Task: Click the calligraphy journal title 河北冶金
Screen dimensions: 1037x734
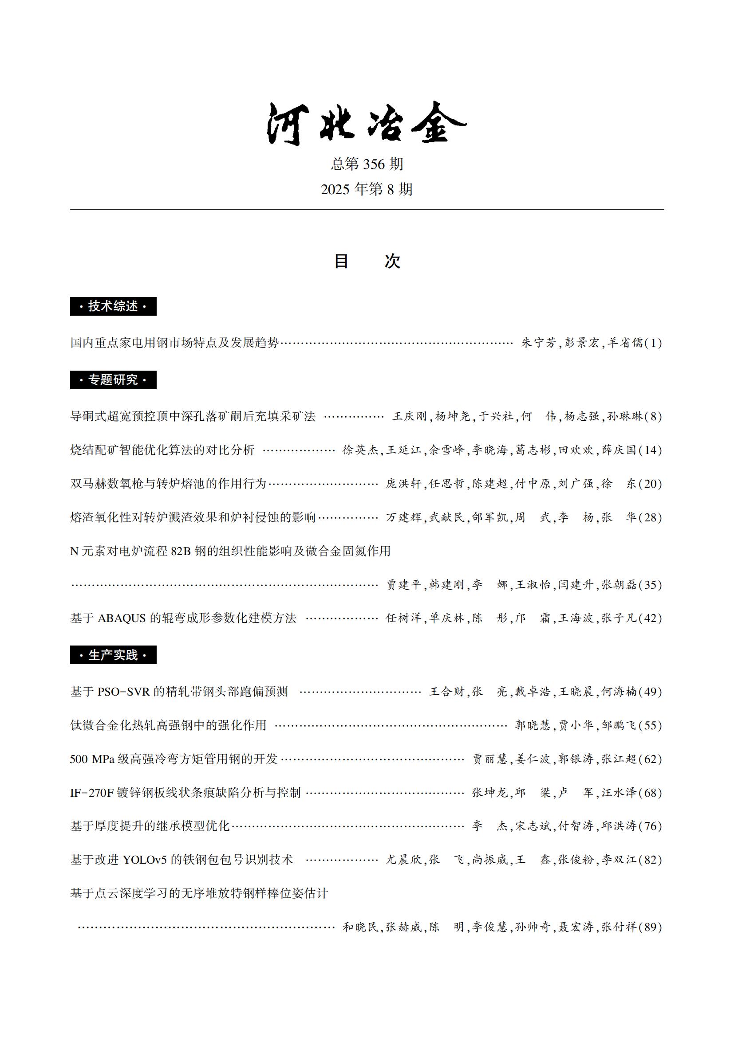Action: click(366, 123)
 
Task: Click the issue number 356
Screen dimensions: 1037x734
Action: click(373, 164)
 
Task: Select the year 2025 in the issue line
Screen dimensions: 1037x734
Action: click(335, 190)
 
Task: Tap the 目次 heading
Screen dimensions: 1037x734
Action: click(367, 262)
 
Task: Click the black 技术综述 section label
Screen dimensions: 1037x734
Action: click(113, 306)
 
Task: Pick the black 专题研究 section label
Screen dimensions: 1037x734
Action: click(113, 380)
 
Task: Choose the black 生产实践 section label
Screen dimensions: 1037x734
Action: click(113, 655)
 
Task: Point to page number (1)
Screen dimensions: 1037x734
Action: click(653, 343)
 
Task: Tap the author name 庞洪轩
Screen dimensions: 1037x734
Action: click(403, 484)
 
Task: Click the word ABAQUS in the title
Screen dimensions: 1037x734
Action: click(122, 618)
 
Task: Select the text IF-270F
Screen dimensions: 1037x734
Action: click(92, 793)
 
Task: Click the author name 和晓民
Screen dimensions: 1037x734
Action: click(360, 927)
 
